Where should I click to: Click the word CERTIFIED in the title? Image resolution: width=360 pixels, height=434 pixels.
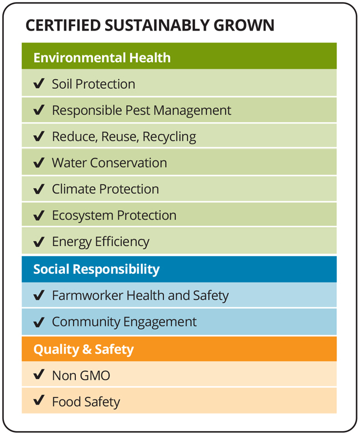coord(63,25)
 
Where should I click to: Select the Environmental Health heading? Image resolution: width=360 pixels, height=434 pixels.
coord(102,58)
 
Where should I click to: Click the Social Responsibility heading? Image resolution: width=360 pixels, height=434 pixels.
coord(96,269)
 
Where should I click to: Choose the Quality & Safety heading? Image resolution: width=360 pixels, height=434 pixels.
coord(84,349)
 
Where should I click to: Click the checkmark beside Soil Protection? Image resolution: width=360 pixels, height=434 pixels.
coord(39,83)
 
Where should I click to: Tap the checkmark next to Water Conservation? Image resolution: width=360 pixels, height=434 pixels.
coord(39,162)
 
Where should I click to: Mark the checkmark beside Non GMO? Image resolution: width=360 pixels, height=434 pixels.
coord(39,375)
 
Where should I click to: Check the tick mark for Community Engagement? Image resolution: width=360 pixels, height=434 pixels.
coord(39,321)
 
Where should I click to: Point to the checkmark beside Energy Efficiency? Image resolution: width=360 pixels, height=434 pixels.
coord(39,241)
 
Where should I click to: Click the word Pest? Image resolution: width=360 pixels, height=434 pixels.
coord(138,110)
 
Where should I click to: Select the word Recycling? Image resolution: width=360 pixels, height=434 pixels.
coord(169,137)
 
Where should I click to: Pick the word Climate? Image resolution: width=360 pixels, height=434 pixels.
coord(74,190)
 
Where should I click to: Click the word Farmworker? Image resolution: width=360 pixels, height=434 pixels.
coord(88,295)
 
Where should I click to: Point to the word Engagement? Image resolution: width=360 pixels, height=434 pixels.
coord(160,322)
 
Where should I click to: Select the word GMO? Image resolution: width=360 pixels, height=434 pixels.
coord(95,376)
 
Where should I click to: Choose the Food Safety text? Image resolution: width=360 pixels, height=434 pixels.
coord(86,402)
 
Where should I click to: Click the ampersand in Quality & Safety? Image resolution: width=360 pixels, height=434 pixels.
coord(87,349)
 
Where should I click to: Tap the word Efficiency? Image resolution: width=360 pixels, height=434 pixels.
coord(122,242)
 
